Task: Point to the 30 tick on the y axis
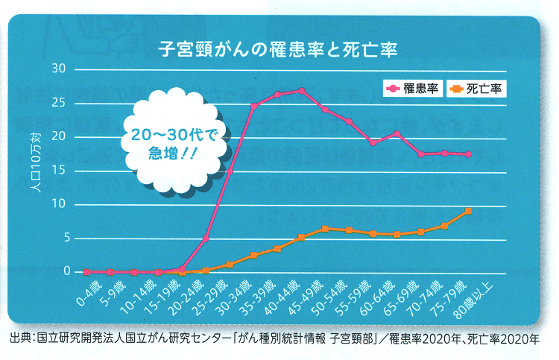[x=59, y=69]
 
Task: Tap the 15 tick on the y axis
[x=59, y=171]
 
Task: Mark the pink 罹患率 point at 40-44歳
[x=301, y=91]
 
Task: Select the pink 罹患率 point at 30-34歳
[x=253, y=106]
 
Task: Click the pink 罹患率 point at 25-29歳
[x=230, y=171]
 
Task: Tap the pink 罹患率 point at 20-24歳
[x=206, y=239]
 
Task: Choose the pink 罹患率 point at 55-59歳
[x=373, y=142]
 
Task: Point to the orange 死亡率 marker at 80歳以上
[x=468, y=211]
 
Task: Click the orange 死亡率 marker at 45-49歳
[x=325, y=229]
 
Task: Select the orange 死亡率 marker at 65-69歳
[x=420, y=232]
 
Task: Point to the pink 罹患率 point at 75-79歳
[x=468, y=154]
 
